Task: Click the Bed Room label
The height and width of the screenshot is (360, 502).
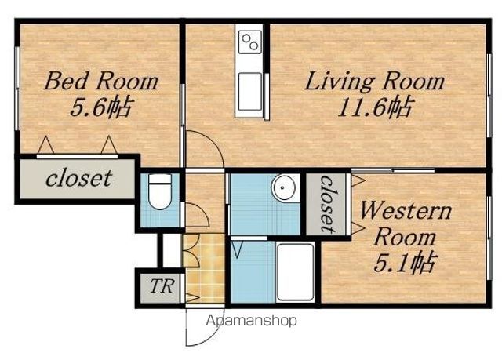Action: pyautogui.click(x=101, y=81)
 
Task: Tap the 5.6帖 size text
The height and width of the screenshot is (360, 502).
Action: pyautogui.click(x=100, y=107)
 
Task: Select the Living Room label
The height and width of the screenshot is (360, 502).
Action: pyautogui.click(x=375, y=82)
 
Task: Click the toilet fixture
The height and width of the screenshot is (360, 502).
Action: pyautogui.click(x=160, y=191)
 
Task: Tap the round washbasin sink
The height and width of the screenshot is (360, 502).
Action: pyautogui.click(x=284, y=187)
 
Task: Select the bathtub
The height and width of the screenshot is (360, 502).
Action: pyautogui.click(x=295, y=272)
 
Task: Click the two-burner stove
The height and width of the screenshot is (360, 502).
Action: pyautogui.click(x=249, y=42)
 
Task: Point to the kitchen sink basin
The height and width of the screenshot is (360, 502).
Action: pyautogui.click(x=249, y=92)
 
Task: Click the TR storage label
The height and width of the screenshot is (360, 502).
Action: pyautogui.click(x=162, y=286)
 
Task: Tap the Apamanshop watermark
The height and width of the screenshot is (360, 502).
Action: pyautogui.click(x=251, y=320)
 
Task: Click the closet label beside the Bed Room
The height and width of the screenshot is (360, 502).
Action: pyautogui.click(x=78, y=178)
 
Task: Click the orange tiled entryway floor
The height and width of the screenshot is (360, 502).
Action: pyautogui.click(x=204, y=268)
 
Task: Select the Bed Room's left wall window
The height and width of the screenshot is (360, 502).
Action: pyautogui.click(x=17, y=89)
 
